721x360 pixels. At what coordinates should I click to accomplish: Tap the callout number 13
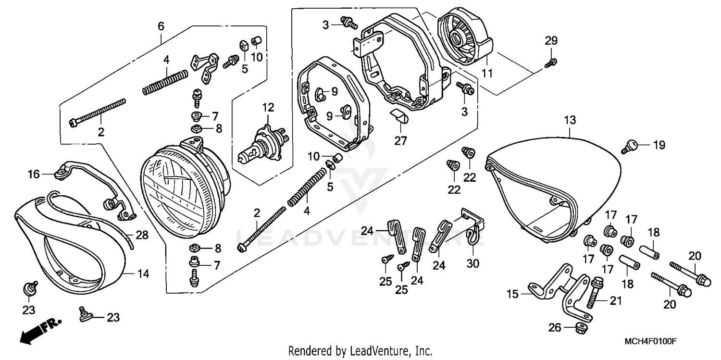pos(570,120)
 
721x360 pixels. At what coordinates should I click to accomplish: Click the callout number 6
pos(161,25)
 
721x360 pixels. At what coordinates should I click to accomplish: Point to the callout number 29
pos(551,41)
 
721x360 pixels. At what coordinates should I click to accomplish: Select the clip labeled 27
pos(398,116)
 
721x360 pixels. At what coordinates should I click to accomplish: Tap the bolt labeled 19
pos(629,145)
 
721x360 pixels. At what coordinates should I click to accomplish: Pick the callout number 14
pos(143,274)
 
